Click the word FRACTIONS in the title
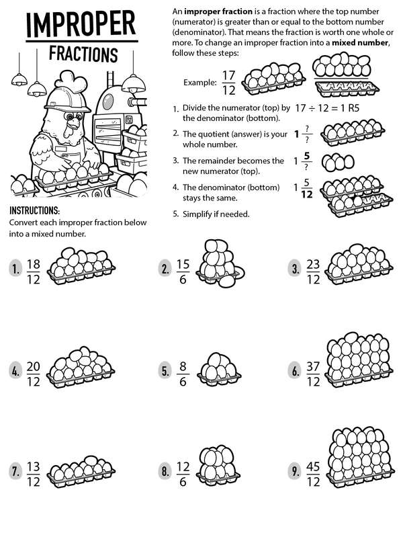tap(83, 54)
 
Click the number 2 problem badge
tap(165, 269)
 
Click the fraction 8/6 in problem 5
tap(184, 370)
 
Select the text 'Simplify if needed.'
tap(216, 214)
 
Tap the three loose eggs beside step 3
tap(338, 162)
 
